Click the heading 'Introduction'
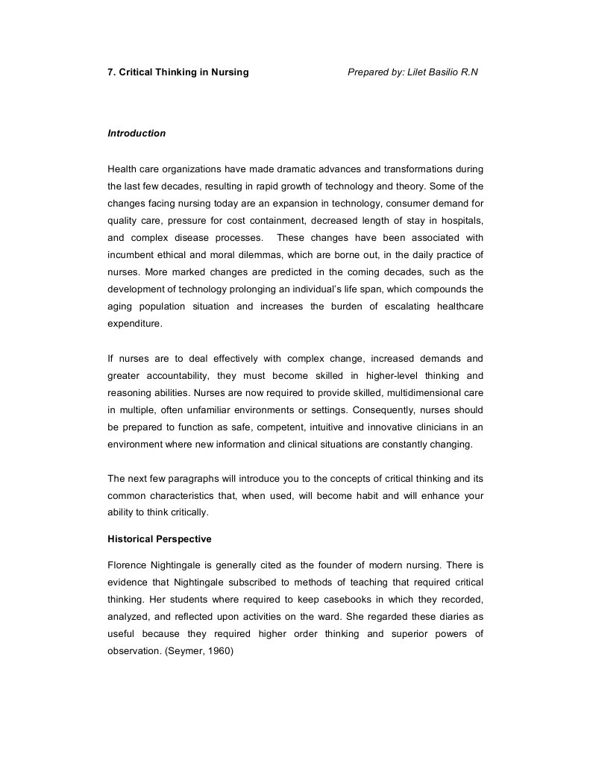pos(136,134)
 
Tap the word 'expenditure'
pos(134,324)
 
